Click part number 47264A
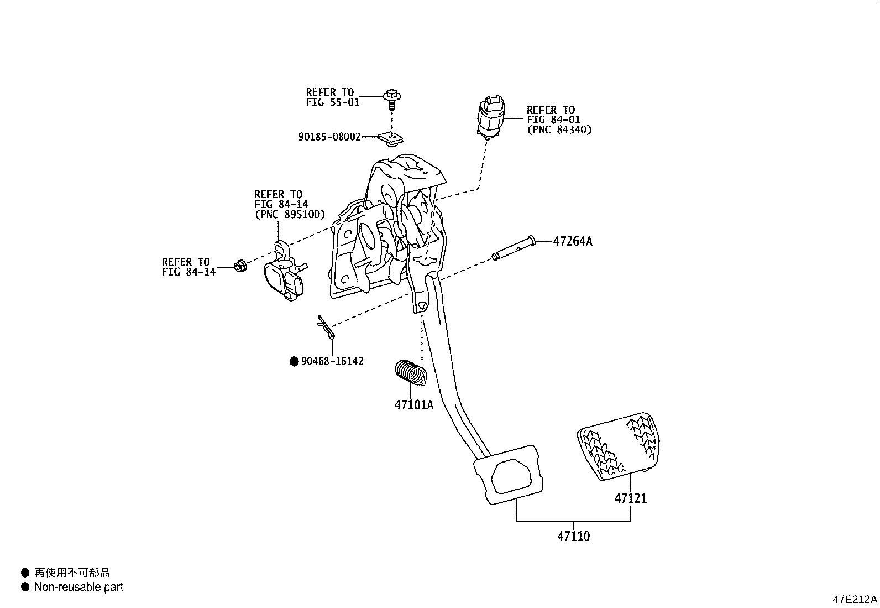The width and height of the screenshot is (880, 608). click(572, 241)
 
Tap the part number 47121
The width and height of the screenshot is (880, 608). click(631, 498)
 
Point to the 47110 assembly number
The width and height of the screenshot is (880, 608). click(573, 536)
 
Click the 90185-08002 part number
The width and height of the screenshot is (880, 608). click(329, 137)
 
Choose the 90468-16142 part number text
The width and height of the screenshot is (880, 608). click(332, 362)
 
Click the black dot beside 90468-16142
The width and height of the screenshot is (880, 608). click(294, 362)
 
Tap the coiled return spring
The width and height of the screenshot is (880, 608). click(411, 371)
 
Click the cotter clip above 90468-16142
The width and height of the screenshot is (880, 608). click(326, 327)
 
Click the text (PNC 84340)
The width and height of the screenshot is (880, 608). click(558, 130)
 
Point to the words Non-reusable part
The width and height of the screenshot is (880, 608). click(78, 587)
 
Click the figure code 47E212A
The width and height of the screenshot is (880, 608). click(855, 600)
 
